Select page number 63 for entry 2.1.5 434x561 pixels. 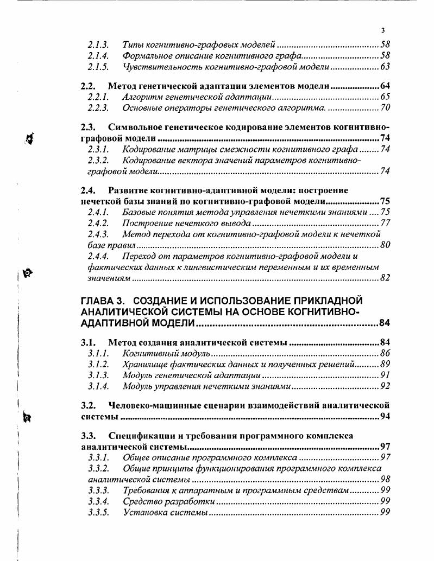385,67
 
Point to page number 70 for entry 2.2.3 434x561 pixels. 385,108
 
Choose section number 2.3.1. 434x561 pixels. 98,149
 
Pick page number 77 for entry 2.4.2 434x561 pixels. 385,223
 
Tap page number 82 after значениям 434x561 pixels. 385,278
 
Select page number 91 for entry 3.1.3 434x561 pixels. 385,375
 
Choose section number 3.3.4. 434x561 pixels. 98,501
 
